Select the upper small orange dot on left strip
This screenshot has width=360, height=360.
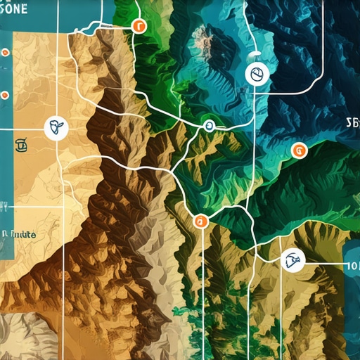tap(5, 53)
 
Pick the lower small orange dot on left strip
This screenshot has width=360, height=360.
tap(4, 94)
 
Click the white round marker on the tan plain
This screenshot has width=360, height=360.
tap(54, 128)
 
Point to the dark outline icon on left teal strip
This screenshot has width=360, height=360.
tap(20, 146)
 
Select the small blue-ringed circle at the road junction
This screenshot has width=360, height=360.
tap(207, 127)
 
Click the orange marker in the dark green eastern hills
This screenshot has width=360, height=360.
tap(299, 149)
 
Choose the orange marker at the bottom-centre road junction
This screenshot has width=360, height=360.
tap(200, 221)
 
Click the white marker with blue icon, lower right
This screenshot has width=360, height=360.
tap(290, 262)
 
